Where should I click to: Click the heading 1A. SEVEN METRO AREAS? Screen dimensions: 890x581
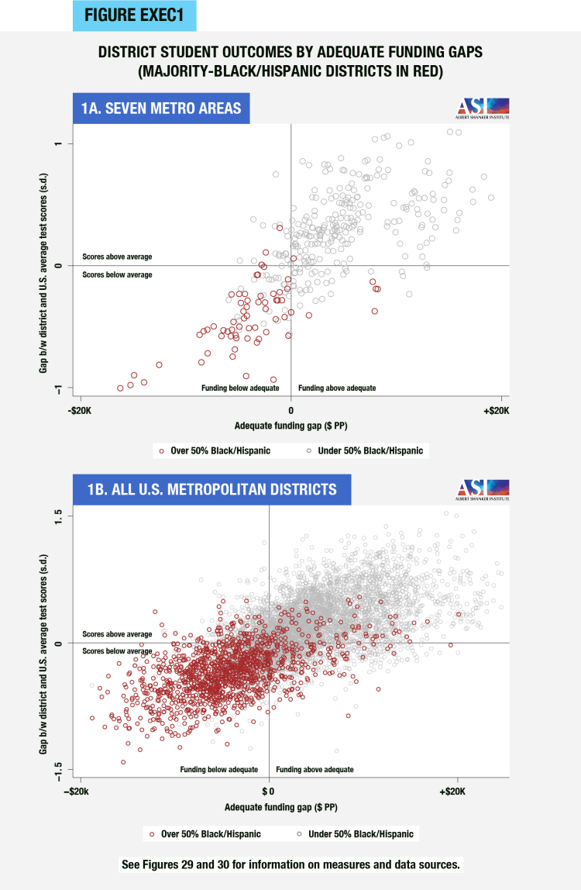(x=161, y=109)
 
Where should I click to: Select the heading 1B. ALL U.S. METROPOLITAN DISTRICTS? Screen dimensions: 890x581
(x=211, y=489)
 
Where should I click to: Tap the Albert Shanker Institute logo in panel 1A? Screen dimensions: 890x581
(x=482, y=108)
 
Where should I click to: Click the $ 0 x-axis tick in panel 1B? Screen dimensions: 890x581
(x=269, y=792)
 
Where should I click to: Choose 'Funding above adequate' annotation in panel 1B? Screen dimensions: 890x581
(x=315, y=770)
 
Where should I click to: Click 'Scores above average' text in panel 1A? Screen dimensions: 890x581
(x=117, y=257)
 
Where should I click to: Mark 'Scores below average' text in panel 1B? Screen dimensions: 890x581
(x=117, y=651)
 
